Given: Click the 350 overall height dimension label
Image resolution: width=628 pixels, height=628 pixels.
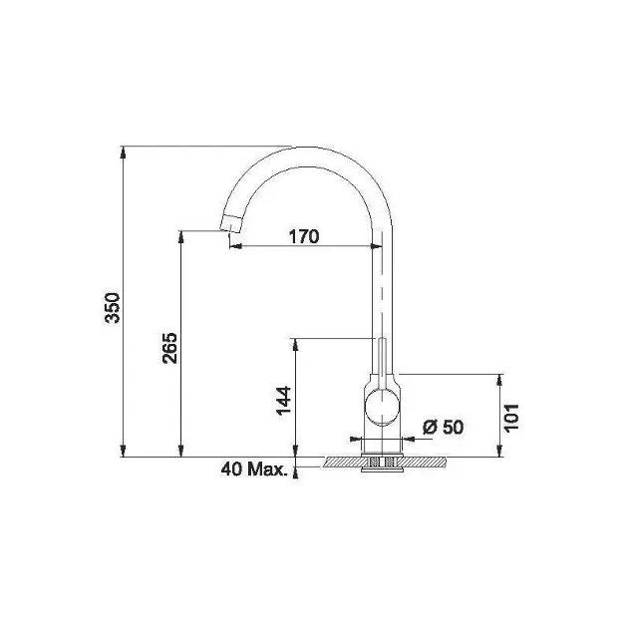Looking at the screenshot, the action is (x=112, y=308).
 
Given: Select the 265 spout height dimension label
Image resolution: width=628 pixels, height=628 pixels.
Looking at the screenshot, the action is (x=169, y=348).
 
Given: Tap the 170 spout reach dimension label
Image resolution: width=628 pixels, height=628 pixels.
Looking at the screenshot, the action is (x=304, y=236).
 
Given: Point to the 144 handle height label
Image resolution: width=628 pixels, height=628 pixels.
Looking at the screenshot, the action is (x=283, y=401).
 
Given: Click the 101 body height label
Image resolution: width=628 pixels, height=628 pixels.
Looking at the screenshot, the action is (x=511, y=418).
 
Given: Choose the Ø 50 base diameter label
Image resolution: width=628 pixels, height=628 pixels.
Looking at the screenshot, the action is (x=443, y=427).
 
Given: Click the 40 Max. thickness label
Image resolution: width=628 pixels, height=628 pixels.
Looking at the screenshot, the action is (x=254, y=469).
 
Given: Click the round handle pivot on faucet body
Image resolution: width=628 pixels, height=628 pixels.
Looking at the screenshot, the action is (x=382, y=407).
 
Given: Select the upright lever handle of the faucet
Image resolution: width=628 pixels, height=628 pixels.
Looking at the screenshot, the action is (x=382, y=364).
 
